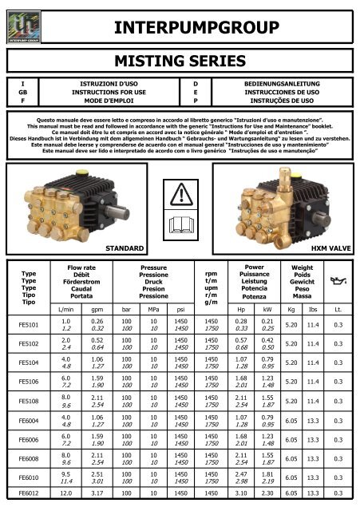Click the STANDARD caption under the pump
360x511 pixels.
coord(125,248)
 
